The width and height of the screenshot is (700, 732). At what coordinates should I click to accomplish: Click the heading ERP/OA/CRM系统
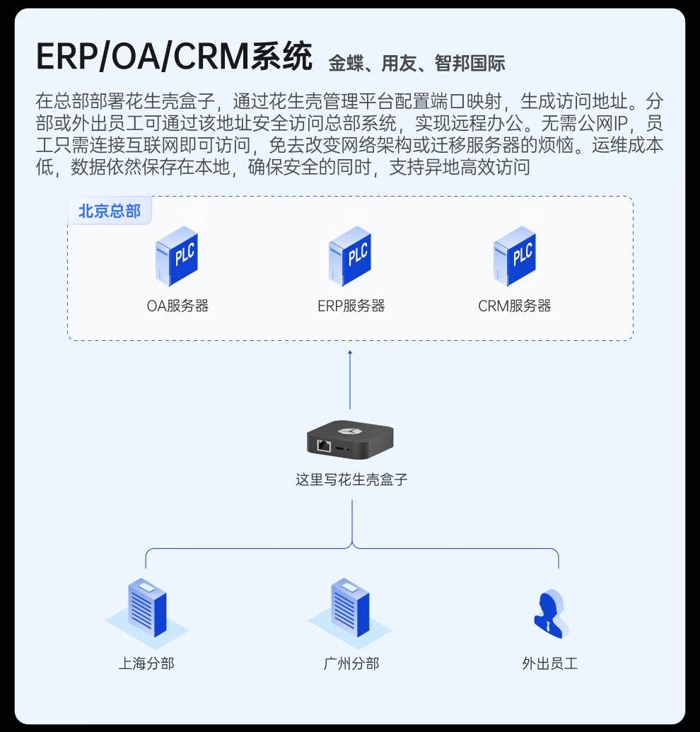pyautogui.click(x=174, y=57)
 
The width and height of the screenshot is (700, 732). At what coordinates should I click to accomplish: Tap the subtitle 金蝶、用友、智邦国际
pyautogui.click(x=416, y=64)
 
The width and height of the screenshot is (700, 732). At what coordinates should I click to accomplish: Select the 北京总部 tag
pyautogui.click(x=110, y=211)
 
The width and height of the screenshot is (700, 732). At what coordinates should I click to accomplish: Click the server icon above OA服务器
pyautogui.click(x=177, y=256)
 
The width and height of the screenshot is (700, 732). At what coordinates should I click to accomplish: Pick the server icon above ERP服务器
pyautogui.click(x=350, y=256)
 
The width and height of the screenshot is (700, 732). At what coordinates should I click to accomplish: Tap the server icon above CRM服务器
pyautogui.click(x=515, y=256)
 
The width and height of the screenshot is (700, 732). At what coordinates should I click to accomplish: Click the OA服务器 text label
pyautogui.click(x=177, y=306)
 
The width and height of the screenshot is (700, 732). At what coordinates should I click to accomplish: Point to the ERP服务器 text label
pyautogui.click(x=351, y=306)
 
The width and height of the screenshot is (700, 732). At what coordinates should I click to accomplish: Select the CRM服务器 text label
pyautogui.click(x=514, y=306)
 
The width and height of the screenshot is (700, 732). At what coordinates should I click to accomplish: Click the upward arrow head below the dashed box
pyautogui.click(x=350, y=352)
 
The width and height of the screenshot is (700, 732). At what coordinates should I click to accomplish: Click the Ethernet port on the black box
pyautogui.click(x=324, y=446)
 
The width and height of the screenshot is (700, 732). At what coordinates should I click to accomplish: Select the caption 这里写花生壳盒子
pyautogui.click(x=351, y=480)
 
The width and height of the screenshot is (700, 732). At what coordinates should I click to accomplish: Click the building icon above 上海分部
pyautogui.click(x=147, y=608)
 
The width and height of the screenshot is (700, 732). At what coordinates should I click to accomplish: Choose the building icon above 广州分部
pyautogui.click(x=350, y=608)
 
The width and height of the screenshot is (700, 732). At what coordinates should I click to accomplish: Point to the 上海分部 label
pyautogui.click(x=146, y=663)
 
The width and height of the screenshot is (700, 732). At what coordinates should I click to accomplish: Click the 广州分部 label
pyautogui.click(x=351, y=663)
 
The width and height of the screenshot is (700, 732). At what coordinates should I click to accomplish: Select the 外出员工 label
pyautogui.click(x=549, y=663)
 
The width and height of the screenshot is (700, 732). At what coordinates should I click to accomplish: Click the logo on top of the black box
pyautogui.click(x=348, y=430)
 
